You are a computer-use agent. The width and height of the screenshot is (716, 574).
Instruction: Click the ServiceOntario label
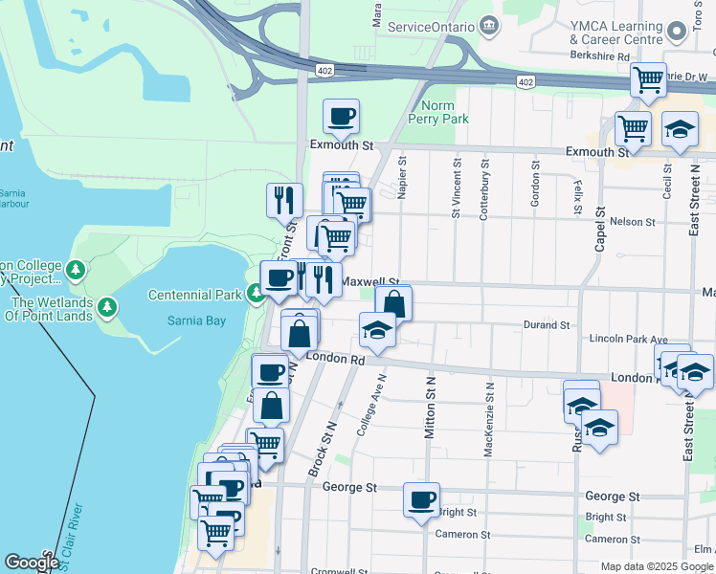click(x=432, y=26)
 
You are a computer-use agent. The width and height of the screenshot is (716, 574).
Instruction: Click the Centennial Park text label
click(x=195, y=295)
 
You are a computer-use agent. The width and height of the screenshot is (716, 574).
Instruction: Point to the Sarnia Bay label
click(x=196, y=320)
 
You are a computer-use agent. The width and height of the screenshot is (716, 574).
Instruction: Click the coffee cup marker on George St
click(x=421, y=499)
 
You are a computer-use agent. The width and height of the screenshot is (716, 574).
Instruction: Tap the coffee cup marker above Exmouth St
click(x=342, y=118)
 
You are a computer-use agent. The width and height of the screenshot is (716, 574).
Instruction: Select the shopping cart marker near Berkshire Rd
click(x=649, y=78)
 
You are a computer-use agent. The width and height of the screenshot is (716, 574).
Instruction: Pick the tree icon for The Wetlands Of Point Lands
click(x=110, y=307)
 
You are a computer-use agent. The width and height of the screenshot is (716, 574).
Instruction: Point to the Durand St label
click(x=547, y=325)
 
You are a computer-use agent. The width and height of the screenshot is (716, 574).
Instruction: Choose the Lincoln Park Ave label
click(x=628, y=340)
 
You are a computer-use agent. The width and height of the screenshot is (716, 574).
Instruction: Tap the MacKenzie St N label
click(x=488, y=419)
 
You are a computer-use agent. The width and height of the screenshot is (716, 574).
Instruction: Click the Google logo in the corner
click(x=32, y=563)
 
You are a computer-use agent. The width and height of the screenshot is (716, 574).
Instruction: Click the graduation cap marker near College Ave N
click(x=377, y=330)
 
